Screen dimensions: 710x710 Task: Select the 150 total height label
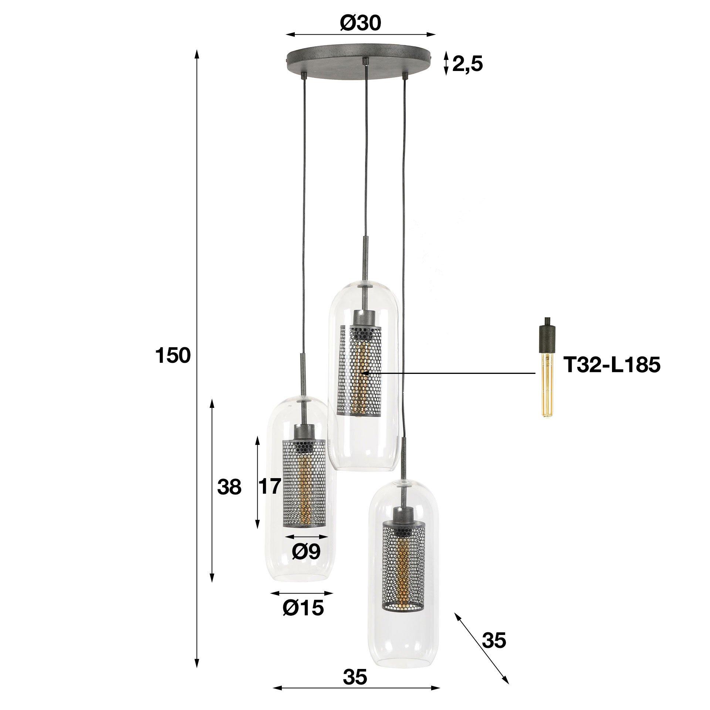pos(173,356)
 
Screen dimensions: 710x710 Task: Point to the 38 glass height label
pos(229,488)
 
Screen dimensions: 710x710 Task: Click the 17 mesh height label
pos(269,487)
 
